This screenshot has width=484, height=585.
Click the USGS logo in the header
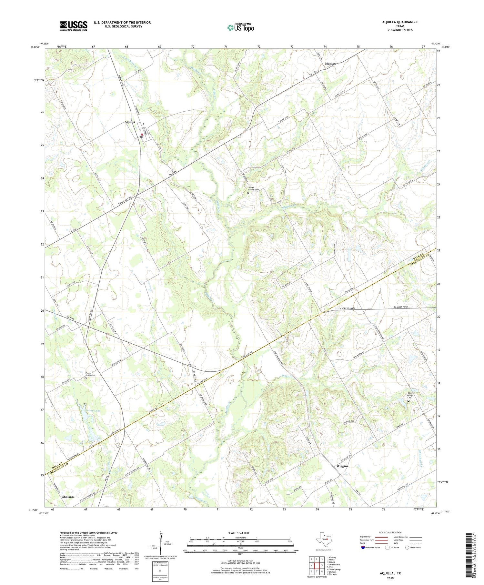[x=74, y=26]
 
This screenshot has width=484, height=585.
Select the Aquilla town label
[x=130, y=122]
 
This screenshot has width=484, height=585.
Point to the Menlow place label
[x=331, y=64]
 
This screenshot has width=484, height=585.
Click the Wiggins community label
[x=342, y=466]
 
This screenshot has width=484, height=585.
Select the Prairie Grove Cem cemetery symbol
[x=86, y=378]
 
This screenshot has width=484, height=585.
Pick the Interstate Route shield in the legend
[x=363, y=547]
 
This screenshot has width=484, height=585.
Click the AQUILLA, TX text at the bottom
[x=390, y=573]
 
